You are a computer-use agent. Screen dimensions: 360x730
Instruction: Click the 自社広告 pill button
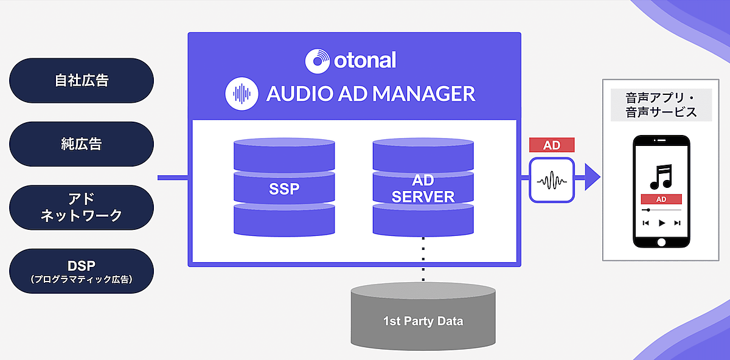[x=82, y=80]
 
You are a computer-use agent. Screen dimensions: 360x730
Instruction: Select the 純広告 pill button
[x=82, y=144]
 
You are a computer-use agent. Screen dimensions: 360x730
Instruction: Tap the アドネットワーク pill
[x=82, y=207]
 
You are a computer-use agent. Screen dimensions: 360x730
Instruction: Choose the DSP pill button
[x=82, y=271]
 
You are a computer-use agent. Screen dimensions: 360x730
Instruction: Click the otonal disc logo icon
[x=317, y=60]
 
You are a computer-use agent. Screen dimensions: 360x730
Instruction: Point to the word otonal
[x=365, y=60]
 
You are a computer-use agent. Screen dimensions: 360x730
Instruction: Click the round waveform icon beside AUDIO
[x=243, y=94]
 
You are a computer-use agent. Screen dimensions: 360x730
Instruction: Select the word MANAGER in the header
[x=423, y=94]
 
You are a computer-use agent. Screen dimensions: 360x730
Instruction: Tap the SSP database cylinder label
[x=284, y=189]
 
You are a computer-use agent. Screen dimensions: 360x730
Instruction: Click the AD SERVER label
[x=423, y=190]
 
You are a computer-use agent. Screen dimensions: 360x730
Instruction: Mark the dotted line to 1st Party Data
[x=423, y=259]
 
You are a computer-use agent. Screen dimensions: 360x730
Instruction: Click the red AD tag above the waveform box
[x=552, y=146]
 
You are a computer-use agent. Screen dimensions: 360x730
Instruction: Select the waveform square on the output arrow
[x=552, y=179]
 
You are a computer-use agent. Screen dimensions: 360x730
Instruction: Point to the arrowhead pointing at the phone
[x=591, y=178]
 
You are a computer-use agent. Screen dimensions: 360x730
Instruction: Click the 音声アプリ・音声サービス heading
[x=661, y=105]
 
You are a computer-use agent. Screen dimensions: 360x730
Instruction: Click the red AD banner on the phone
[x=661, y=199]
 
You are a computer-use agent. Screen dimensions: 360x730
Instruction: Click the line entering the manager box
[x=173, y=178]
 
